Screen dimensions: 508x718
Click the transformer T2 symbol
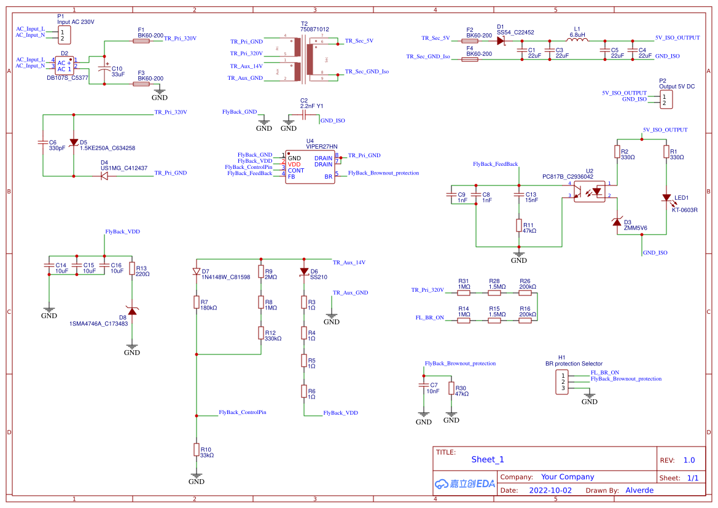point(303,60)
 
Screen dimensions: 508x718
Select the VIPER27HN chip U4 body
point(310,167)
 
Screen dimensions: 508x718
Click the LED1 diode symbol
point(666,198)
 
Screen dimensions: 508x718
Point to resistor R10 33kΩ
point(197,450)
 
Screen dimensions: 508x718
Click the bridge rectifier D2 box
point(64,65)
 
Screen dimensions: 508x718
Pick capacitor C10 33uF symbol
point(104,66)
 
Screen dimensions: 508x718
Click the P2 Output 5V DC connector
point(663,100)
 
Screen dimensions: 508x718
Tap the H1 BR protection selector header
point(561,380)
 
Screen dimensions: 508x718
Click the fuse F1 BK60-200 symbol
point(141,41)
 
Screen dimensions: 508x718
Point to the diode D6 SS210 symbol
point(304,272)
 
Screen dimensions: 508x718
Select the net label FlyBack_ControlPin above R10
point(243,412)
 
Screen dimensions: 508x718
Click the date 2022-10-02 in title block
point(550,490)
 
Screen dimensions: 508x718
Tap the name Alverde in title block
point(639,490)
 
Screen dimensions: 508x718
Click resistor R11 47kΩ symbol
point(519,225)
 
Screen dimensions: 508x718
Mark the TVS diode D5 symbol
point(74,143)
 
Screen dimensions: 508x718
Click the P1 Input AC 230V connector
point(62,35)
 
